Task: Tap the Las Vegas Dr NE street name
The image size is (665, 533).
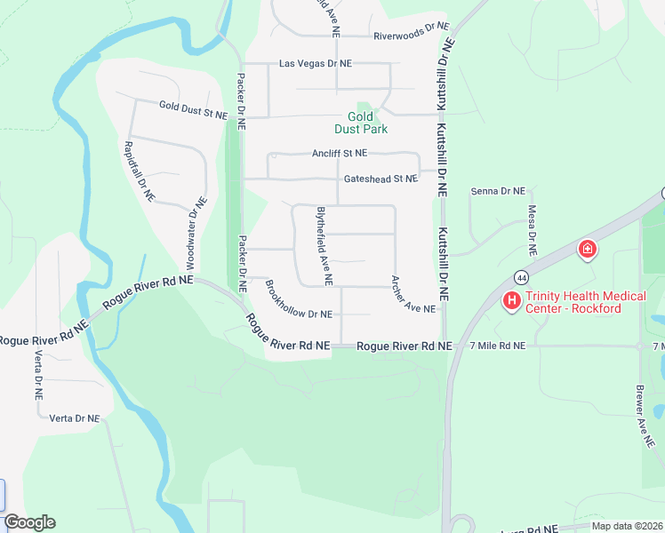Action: tap(316, 64)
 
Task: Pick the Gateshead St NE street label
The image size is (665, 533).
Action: tap(381, 179)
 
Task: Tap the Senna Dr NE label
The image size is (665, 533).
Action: tap(498, 191)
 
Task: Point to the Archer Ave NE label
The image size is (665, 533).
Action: tap(413, 294)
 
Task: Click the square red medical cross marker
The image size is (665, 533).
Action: tap(587, 249)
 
